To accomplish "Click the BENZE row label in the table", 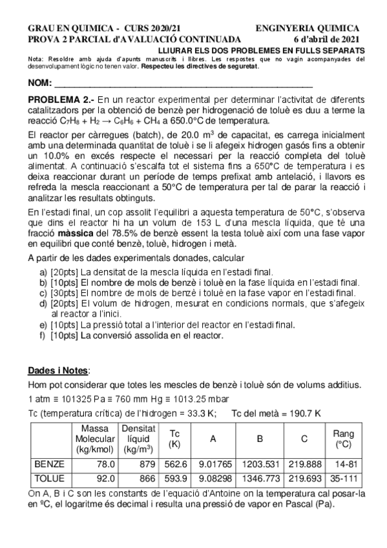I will pyautogui.click(x=47, y=463).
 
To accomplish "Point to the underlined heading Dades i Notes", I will pyautogui.click(x=59, y=370).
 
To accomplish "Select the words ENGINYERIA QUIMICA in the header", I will pyautogui.click(x=308, y=28).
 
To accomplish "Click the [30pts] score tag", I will pyautogui.click(x=64, y=293).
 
